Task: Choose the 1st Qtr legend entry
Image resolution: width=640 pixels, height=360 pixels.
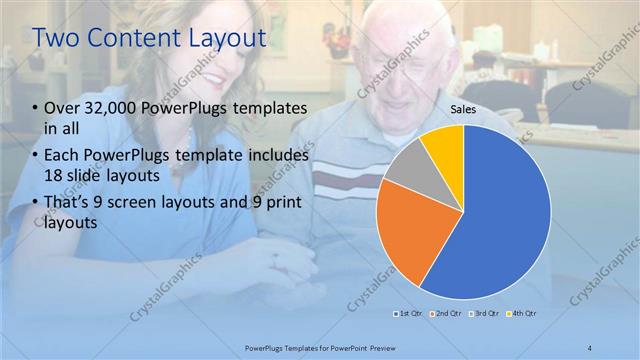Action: tap(412, 314)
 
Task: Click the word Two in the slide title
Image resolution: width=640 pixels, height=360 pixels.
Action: tap(57, 39)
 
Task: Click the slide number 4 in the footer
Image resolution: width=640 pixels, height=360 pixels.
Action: tap(590, 347)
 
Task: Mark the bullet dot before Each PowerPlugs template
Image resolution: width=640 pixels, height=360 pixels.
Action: tap(36, 156)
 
